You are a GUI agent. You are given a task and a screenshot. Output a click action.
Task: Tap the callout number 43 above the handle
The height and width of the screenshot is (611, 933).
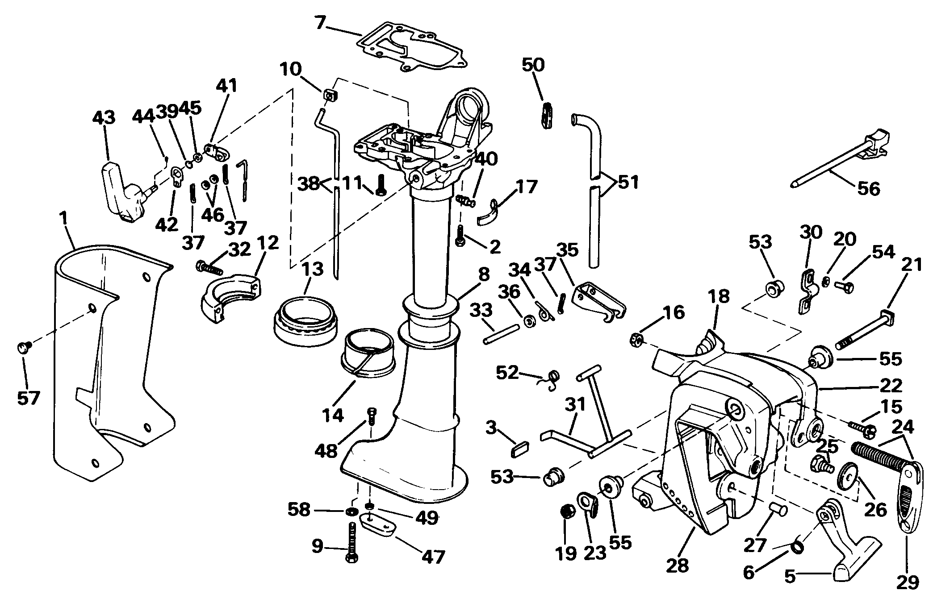pyautogui.click(x=104, y=118)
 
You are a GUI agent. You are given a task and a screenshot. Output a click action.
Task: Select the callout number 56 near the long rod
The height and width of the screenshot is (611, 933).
pyautogui.click(x=868, y=188)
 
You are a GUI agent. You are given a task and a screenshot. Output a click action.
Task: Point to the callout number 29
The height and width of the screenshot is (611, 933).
pyautogui.click(x=907, y=582)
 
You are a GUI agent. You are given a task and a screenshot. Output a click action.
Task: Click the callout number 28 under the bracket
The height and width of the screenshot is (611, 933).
pyautogui.click(x=678, y=565)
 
